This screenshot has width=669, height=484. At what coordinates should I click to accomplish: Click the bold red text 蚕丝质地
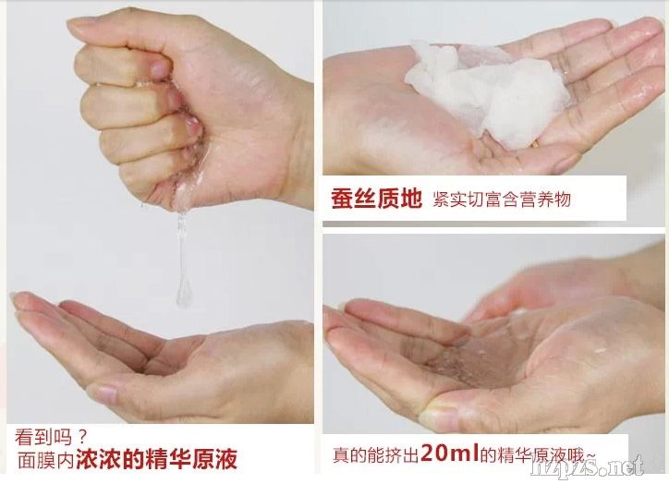(x=376, y=199)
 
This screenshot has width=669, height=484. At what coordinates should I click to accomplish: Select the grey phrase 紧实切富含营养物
(x=502, y=200)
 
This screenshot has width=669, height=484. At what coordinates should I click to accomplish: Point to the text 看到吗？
(x=51, y=437)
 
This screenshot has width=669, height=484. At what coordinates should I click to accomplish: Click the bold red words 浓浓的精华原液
(x=156, y=458)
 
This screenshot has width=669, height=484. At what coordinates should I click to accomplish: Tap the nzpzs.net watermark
(x=588, y=467)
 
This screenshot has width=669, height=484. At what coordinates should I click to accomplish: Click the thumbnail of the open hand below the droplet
(x=103, y=393)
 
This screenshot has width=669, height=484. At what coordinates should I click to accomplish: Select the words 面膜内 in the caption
(x=46, y=460)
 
